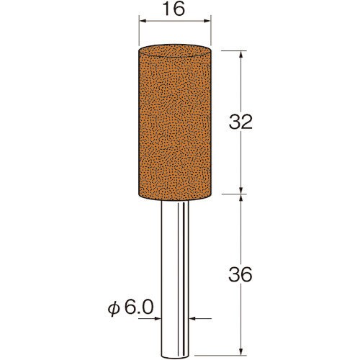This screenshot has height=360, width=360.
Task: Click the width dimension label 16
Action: (174, 9)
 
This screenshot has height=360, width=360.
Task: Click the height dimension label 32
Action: (240, 122)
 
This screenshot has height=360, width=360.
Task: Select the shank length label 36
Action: (240, 274)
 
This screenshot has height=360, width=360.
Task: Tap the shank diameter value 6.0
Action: (139, 307)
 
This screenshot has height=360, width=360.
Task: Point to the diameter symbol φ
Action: (113, 309)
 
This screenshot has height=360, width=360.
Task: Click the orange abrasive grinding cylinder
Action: (175, 123)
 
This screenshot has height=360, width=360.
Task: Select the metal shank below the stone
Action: (175, 279)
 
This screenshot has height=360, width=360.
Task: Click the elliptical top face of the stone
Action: (175, 51)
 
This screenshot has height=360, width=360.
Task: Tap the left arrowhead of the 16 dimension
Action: (143, 21)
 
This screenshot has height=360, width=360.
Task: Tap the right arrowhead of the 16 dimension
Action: (207, 21)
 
